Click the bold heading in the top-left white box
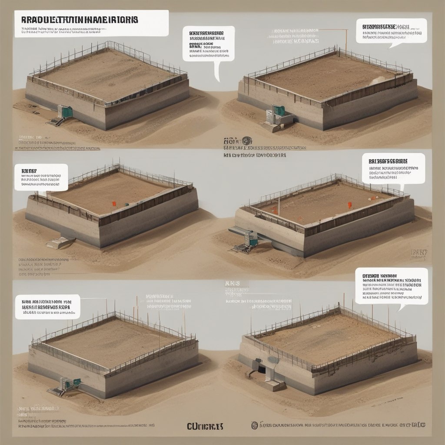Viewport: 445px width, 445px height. pos(79,20)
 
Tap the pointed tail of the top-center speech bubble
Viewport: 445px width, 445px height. pos(217,72)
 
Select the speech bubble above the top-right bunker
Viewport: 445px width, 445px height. pos(391,30)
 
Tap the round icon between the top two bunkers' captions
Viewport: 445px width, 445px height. pos(247,141)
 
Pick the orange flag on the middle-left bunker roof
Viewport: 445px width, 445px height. pos(114,203)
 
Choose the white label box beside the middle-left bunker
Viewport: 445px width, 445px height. pos(41,177)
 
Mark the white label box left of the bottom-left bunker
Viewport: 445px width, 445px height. pos(47,306)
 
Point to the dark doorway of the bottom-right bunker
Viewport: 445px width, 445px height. pos(262,369)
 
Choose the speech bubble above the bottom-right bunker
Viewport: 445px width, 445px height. pos(391,286)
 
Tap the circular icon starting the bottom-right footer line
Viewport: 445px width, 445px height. pos(255,425)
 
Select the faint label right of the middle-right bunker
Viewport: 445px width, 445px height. pos(419,253)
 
